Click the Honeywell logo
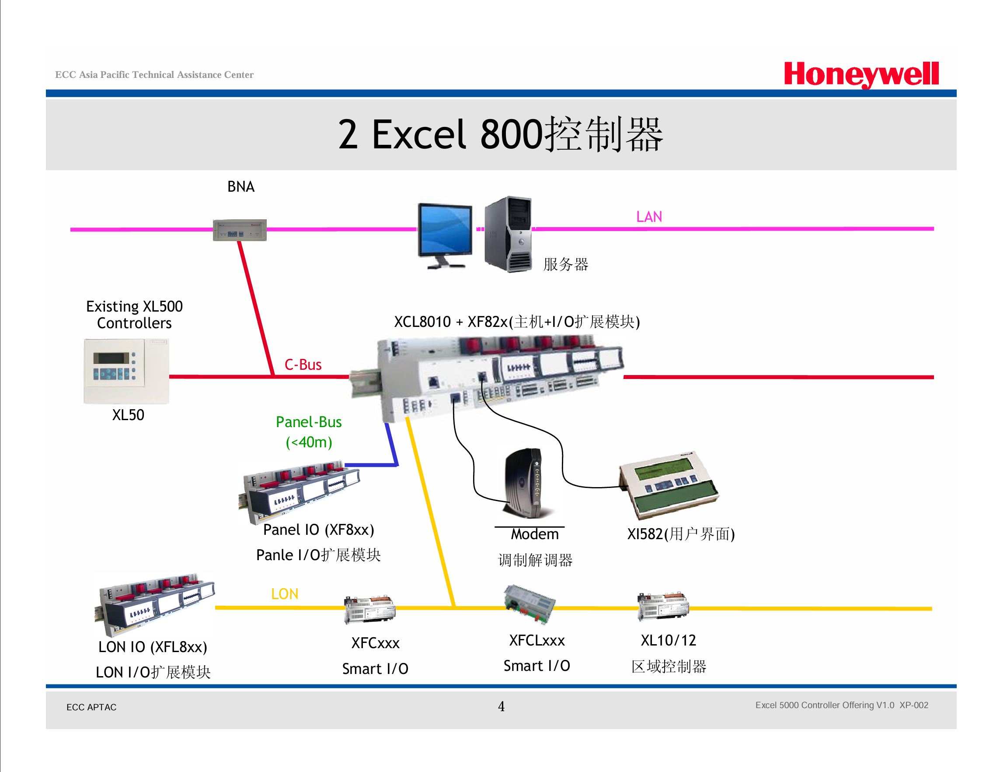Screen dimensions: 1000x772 (861, 75)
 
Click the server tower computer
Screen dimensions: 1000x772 (508, 234)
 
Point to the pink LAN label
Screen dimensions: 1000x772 (649, 217)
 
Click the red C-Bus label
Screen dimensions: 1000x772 (303, 365)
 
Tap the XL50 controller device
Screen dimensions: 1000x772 (126, 371)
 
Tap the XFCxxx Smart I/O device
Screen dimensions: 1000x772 (369, 609)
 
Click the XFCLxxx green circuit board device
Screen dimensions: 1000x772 (530, 604)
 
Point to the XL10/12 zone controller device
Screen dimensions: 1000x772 (663, 607)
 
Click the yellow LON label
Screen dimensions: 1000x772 (285, 594)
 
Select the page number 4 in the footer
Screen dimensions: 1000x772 (502, 706)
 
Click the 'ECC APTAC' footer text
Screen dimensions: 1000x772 (91, 707)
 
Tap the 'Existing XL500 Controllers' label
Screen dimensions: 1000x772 (134, 314)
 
